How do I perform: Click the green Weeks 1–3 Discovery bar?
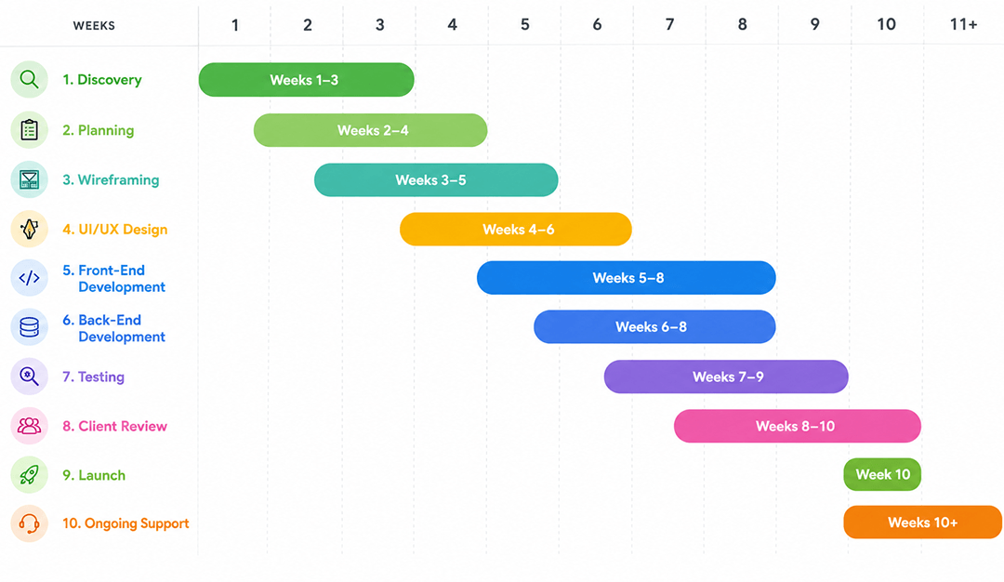[306, 80]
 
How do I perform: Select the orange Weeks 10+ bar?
[923, 522]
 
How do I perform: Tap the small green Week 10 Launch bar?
[882, 474]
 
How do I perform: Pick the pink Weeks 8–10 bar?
[798, 426]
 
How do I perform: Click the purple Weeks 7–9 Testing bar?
[726, 377]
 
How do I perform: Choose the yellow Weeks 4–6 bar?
[515, 230]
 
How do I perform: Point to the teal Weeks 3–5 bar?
[436, 180]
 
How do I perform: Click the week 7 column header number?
[669, 25]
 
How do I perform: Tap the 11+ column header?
[963, 25]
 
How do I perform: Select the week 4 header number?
[452, 25]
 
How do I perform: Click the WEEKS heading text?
[94, 26]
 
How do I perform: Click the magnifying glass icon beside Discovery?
[30, 79]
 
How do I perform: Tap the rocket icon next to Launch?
[30, 474]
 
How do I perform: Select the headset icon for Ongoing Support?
[30, 523]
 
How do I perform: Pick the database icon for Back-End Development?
[30, 327]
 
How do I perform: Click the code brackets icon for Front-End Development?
[30, 278]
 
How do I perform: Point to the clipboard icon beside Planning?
[30, 130]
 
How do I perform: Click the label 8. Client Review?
[114, 427]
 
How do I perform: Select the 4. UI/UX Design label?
[114, 230]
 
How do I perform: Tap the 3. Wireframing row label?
[111, 180]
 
